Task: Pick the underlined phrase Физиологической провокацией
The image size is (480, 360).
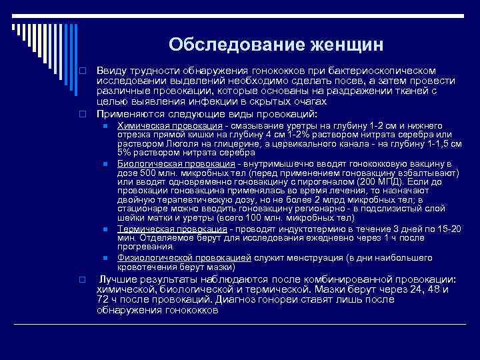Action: [184, 257]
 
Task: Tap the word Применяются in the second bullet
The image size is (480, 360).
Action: [131, 113]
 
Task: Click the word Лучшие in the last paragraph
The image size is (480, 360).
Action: [119, 279]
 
